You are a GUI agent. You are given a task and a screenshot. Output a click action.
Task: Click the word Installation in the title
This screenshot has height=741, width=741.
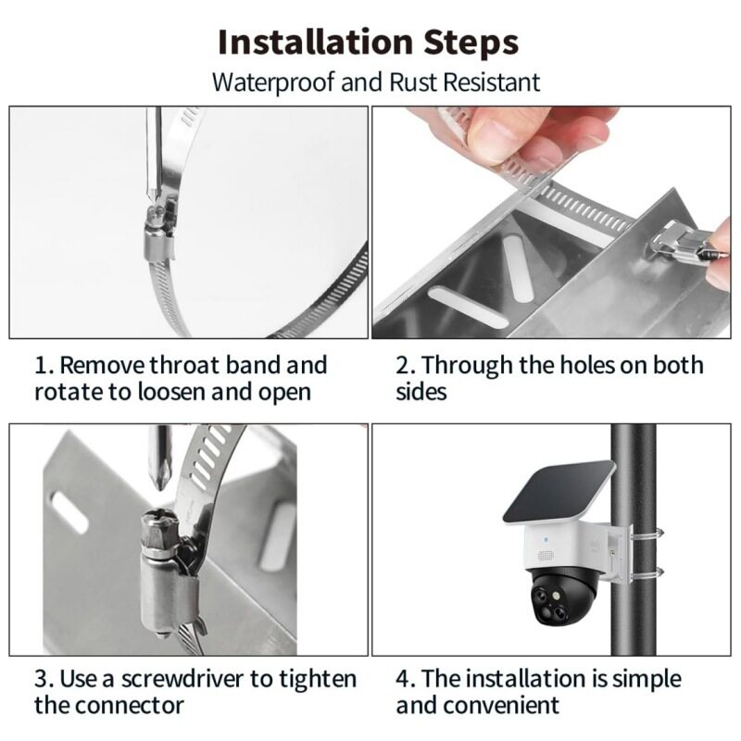pyautogui.click(x=316, y=43)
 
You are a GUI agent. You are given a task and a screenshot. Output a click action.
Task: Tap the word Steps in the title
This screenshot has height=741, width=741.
pyautogui.click(x=471, y=44)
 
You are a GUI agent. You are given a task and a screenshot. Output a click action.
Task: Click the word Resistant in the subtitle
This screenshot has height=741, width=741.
pyautogui.click(x=492, y=82)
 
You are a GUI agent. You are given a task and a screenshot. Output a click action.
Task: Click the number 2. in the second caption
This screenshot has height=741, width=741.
pyautogui.click(x=406, y=366)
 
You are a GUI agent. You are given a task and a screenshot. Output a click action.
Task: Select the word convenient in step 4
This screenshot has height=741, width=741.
pyautogui.click(x=501, y=706)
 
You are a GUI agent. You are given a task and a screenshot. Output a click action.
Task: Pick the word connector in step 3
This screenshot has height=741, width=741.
pyautogui.click(x=129, y=706)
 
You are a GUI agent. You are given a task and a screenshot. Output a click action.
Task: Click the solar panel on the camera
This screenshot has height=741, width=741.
pyautogui.click(x=559, y=492)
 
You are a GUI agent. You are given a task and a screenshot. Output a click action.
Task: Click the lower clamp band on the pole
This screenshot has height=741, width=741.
pyautogui.click(x=647, y=572)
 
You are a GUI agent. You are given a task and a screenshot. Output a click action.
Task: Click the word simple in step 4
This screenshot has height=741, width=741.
pyautogui.click(x=647, y=679)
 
